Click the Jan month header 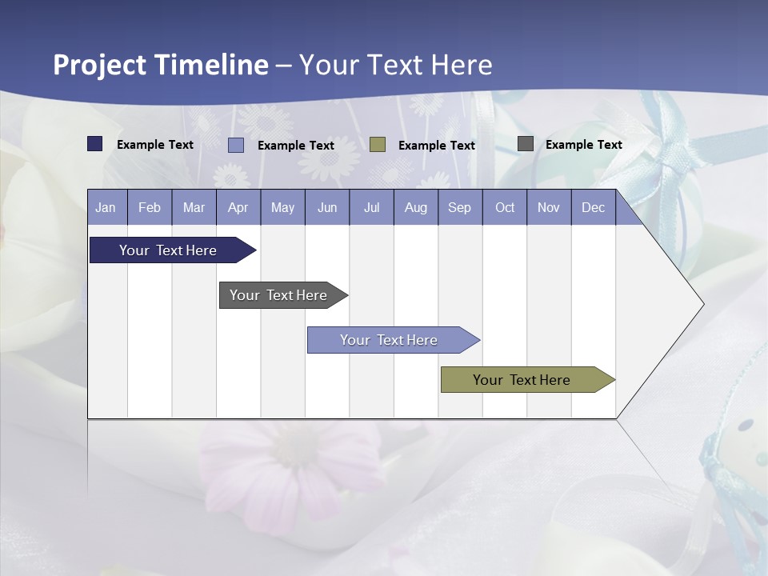106,207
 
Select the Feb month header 150,207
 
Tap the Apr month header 238,207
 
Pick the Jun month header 327,207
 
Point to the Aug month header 415,207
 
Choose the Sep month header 459,207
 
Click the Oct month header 505,207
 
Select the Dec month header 593,207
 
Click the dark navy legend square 95,144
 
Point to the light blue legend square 236,145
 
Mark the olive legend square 378,145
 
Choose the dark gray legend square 526,144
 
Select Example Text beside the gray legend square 583,145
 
